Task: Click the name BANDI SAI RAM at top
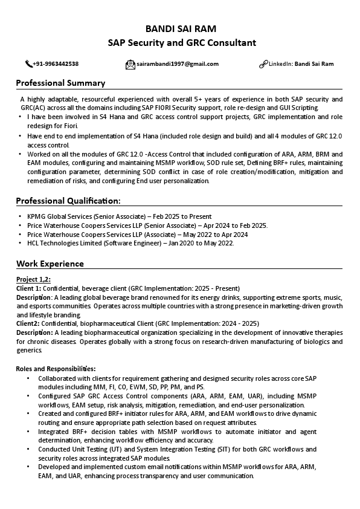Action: pyautogui.click(x=181, y=28)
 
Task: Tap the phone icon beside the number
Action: pyautogui.click(x=28, y=64)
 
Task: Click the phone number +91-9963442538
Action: pyautogui.click(x=56, y=64)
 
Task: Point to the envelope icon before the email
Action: pyautogui.click(x=130, y=64)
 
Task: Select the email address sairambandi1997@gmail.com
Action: pyautogui.click(x=178, y=64)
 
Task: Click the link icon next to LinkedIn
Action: pyautogui.click(x=263, y=64)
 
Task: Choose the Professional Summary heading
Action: pyautogui.click(x=60, y=83)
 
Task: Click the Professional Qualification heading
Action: pyautogui.click(x=68, y=200)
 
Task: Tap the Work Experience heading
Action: pyautogui.click(x=50, y=264)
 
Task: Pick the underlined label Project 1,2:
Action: pyautogui.click(x=33, y=279)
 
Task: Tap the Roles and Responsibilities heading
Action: pyautogui.click(x=56, y=368)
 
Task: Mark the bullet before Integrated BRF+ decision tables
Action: pyautogui.click(x=28, y=432)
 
